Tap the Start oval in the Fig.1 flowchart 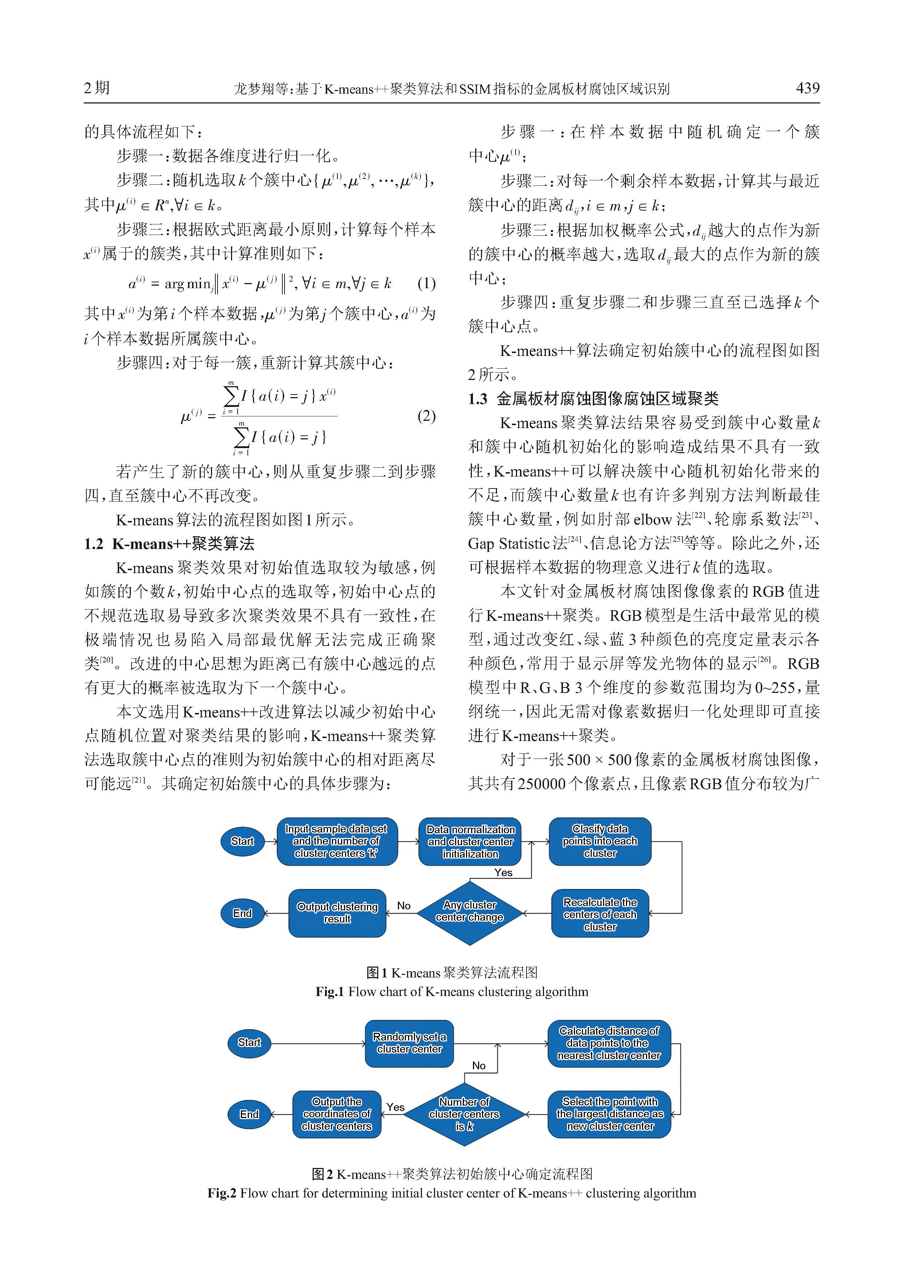[242, 841]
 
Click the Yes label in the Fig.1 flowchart [503, 872]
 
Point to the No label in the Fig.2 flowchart [479, 1065]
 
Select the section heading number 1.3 [478, 399]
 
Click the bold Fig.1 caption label [330, 991]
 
